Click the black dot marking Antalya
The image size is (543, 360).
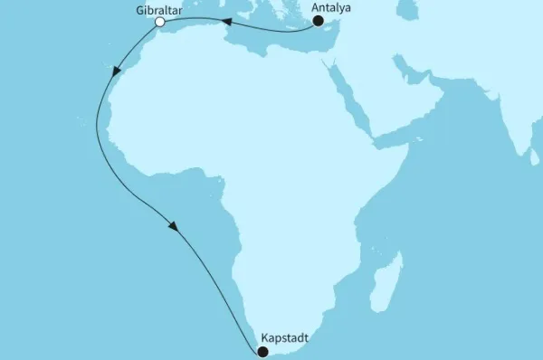click(318, 22)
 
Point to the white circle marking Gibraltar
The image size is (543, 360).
click(159, 23)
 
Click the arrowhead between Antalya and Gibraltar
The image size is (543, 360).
click(228, 25)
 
